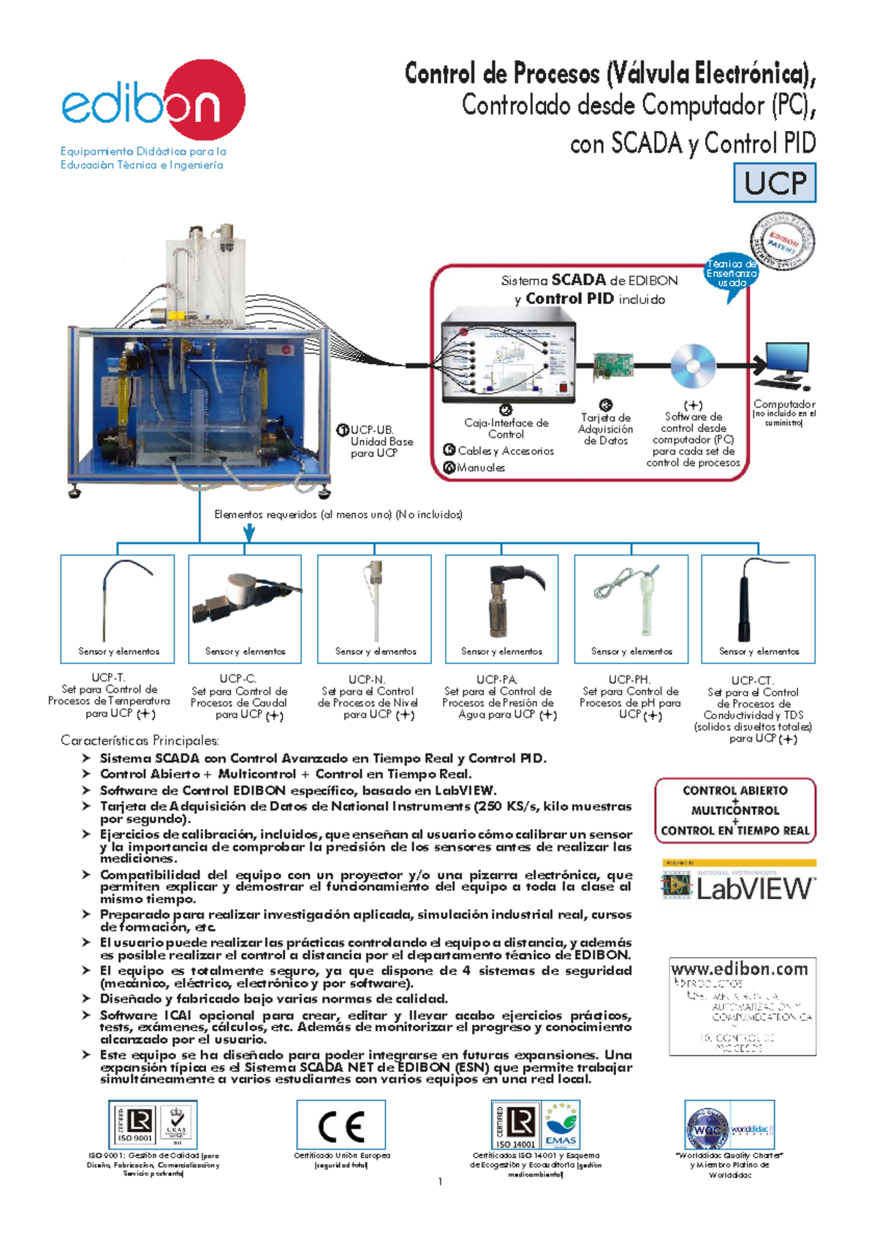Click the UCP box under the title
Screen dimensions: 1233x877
(x=775, y=183)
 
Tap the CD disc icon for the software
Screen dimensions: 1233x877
(x=692, y=365)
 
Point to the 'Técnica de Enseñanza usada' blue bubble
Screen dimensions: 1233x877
(x=731, y=273)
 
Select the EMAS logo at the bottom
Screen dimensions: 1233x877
(x=561, y=1126)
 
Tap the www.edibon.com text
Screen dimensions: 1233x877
(x=739, y=969)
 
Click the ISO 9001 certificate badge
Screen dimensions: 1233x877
(x=136, y=1125)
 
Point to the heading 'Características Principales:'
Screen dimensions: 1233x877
(x=140, y=740)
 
